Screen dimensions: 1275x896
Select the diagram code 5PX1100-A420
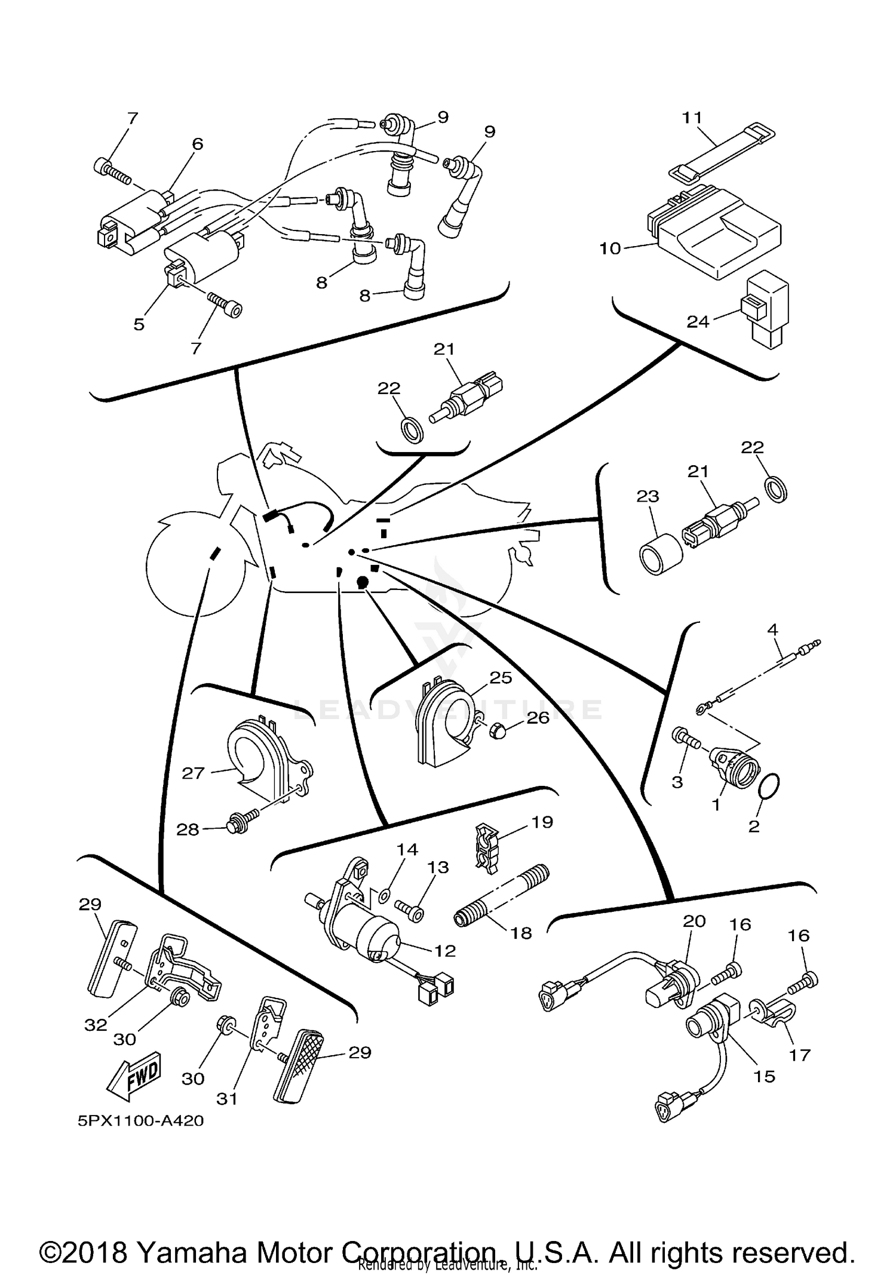(140, 1120)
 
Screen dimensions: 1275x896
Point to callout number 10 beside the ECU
(610, 248)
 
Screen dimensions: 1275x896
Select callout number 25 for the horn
(501, 677)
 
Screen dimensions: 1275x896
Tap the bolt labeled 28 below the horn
(239, 828)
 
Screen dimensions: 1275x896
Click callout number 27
(193, 773)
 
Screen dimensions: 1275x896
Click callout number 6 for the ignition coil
(198, 144)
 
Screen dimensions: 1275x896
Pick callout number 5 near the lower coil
(139, 324)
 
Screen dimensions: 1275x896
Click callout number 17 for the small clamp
(799, 1055)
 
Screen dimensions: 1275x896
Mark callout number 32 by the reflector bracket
(96, 1024)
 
